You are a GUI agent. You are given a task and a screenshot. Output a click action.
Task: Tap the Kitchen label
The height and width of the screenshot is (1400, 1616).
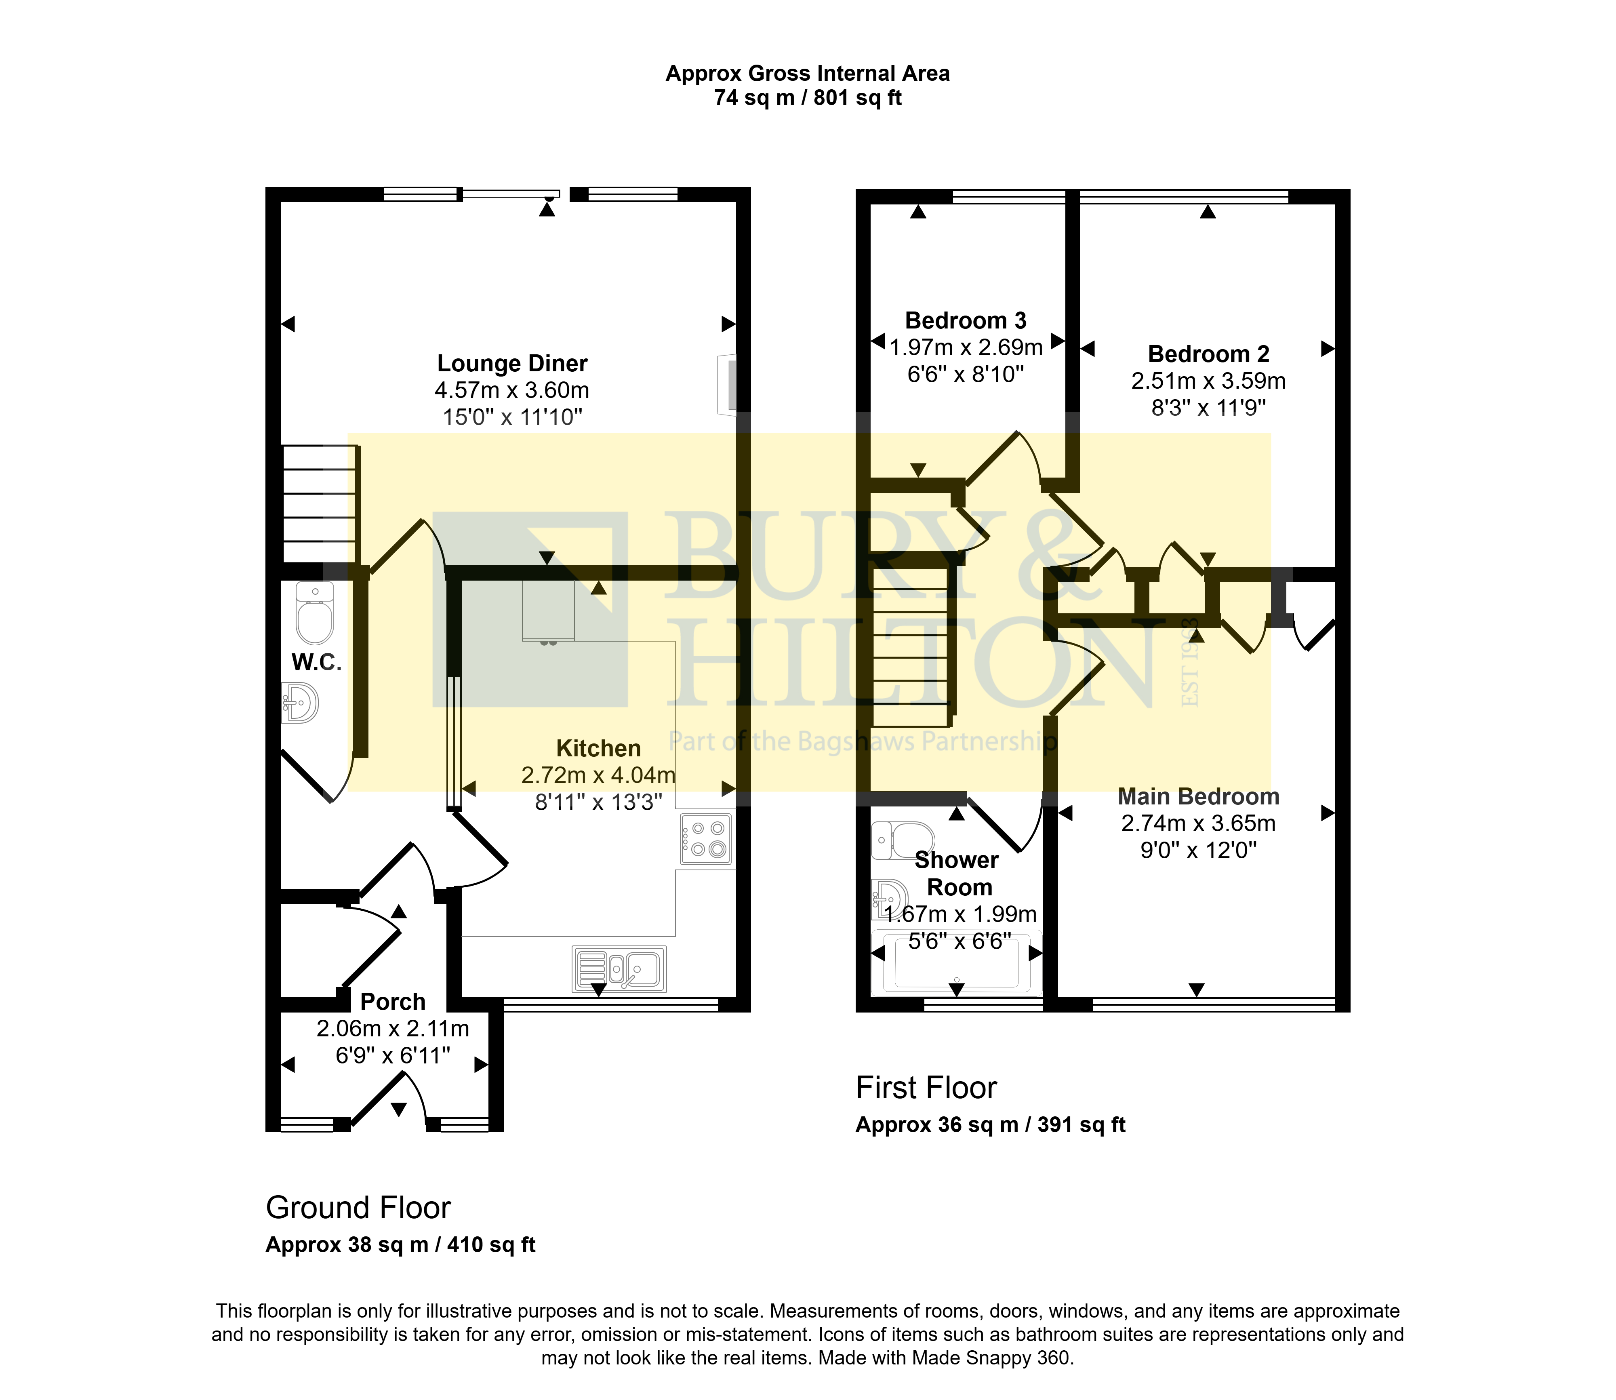[x=598, y=748]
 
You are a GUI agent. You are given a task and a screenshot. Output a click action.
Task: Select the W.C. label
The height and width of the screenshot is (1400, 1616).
[x=316, y=663]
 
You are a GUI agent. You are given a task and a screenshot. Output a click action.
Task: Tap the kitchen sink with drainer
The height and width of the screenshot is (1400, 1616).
[x=619, y=969]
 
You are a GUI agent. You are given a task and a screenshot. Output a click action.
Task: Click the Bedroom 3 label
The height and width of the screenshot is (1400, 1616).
[x=966, y=320]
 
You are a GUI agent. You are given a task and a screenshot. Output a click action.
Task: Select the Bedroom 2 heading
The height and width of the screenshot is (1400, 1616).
[x=1208, y=354]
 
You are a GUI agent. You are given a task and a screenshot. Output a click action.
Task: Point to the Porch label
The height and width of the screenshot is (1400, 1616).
[x=393, y=1002]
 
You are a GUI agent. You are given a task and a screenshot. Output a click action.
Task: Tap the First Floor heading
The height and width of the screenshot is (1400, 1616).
[x=926, y=1088]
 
